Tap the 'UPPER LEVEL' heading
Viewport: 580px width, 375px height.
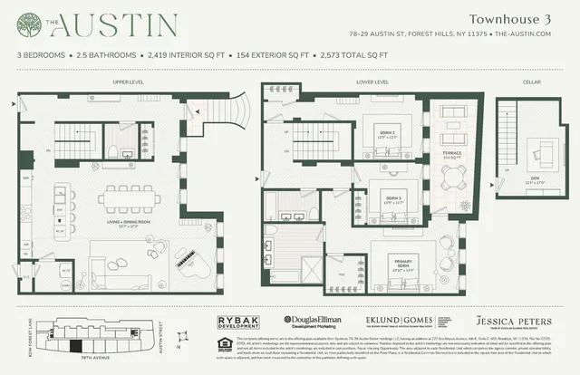pos(128,82)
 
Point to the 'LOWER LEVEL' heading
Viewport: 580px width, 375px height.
pos(373,82)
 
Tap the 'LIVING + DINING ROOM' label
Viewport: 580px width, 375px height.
pos(128,220)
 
